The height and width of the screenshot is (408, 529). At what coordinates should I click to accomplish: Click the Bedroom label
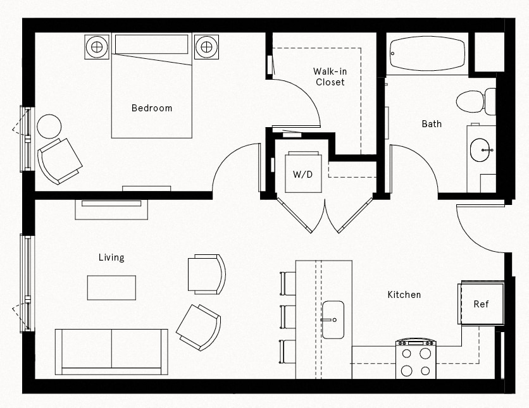[151, 108]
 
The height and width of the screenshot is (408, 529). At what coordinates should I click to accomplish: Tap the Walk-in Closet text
[330, 77]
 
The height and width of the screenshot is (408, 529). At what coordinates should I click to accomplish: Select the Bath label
[432, 124]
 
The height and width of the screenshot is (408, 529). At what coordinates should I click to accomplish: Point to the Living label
[111, 257]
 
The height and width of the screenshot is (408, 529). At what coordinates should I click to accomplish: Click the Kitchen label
[404, 295]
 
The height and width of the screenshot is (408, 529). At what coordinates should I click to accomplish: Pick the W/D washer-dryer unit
[302, 172]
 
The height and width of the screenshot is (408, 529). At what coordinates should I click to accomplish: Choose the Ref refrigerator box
[481, 304]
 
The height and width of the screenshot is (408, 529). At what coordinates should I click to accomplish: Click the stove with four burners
[416, 359]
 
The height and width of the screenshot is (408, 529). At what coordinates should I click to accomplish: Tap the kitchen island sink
[332, 319]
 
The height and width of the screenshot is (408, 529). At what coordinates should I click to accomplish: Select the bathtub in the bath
[427, 53]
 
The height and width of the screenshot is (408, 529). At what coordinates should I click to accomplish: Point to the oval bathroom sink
[481, 150]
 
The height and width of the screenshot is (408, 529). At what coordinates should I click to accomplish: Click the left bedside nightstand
[97, 46]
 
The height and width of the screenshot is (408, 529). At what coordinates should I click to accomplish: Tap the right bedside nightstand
[206, 46]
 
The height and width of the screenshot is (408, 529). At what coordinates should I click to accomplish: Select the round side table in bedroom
[49, 127]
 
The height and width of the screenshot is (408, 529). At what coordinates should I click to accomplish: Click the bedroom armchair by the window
[59, 159]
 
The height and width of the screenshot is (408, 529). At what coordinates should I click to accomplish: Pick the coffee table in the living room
[111, 287]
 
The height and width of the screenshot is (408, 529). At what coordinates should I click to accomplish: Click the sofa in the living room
[111, 352]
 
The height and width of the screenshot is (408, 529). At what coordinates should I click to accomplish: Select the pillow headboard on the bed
[152, 45]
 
